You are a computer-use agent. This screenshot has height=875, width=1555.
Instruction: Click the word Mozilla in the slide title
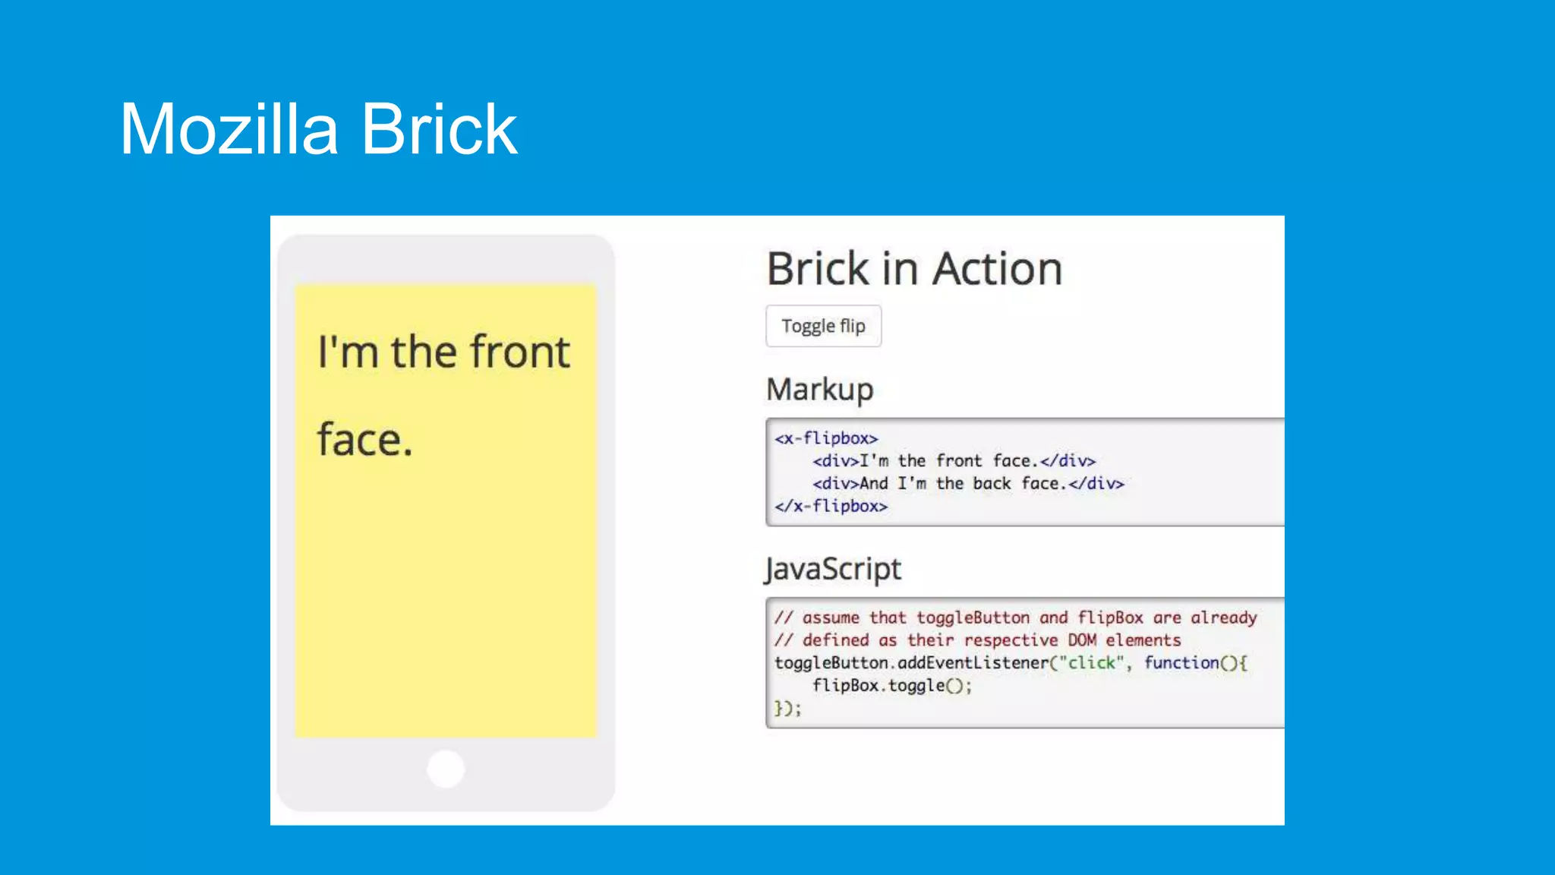pyautogui.click(x=228, y=130)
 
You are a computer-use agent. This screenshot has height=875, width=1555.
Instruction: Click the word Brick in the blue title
pyautogui.click(x=439, y=130)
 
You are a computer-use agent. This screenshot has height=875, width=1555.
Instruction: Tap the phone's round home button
pyautogui.click(x=446, y=769)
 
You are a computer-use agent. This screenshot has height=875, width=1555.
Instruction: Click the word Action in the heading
pyautogui.click(x=997, y=269)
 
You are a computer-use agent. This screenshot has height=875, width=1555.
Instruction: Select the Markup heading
pyautogui.click(x=819, y=390)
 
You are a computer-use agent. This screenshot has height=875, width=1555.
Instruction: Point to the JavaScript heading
pyautogui.click(x=833, y=569)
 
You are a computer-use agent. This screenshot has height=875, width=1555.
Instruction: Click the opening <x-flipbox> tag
pyautogui.click(x=826, y=438)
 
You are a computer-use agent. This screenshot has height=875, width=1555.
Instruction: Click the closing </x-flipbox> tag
pyautogui.click(x=831, y=506)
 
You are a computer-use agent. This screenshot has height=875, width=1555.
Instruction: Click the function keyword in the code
pyautogui.click(x=1181, y=663)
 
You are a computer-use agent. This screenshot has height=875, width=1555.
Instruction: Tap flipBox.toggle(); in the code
pyautogui.click(x=891, y=686)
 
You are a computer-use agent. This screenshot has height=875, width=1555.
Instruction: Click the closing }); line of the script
pyautogui.click(x=787, y=709)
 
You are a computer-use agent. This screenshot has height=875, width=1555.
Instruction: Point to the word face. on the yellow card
pyautogui.click(x=364, y=441)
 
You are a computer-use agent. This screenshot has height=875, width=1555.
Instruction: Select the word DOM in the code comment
pyautogui.click(x=1081, y=640)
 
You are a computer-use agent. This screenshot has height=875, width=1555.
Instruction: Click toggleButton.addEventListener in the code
pyautogui.click(x=911, y=663)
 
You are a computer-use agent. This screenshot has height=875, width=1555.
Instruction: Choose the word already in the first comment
pyautogui.click(x=1223, y=618)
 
